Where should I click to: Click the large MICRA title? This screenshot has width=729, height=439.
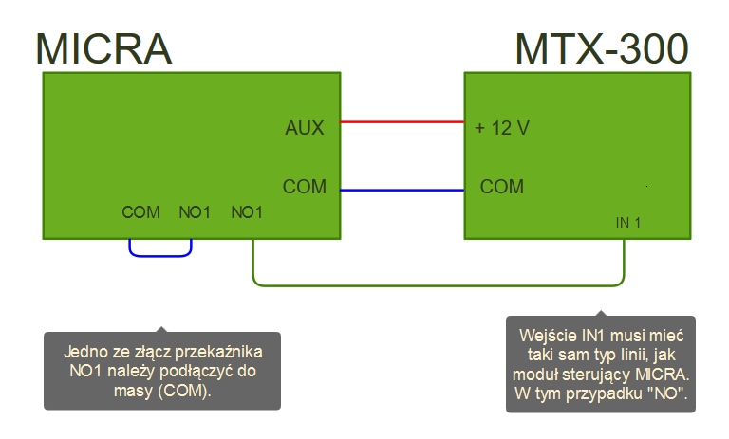pos(103,48)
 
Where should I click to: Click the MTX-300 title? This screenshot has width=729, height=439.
pos(602,48)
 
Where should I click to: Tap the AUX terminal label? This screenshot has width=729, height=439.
pos(304,128)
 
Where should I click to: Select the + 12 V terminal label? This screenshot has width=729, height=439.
pos(502,128)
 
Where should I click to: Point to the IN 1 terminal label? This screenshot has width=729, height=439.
pos(628,223)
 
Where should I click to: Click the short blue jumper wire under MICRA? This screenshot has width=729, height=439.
pos(160,255)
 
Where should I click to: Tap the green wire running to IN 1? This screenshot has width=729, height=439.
pos(437,284)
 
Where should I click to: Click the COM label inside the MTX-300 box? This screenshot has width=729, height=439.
pos(502,187)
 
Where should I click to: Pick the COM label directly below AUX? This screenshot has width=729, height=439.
pos(304,187)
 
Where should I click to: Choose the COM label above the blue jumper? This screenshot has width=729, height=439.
pos(141,212)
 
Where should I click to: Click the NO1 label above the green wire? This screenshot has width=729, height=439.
pos(247,212)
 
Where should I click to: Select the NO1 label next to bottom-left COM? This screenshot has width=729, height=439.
pos(195,212)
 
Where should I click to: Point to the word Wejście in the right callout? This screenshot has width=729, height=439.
pos(550,336)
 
